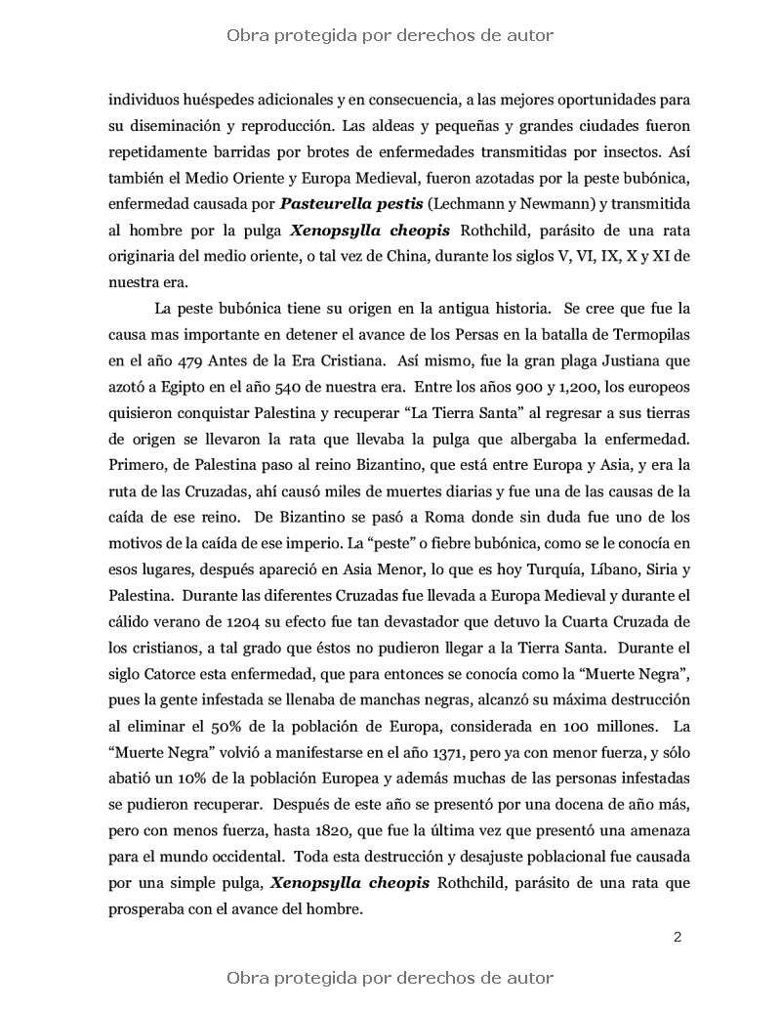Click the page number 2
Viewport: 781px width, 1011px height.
point(677,938)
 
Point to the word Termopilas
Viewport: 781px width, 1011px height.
point(634,334)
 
